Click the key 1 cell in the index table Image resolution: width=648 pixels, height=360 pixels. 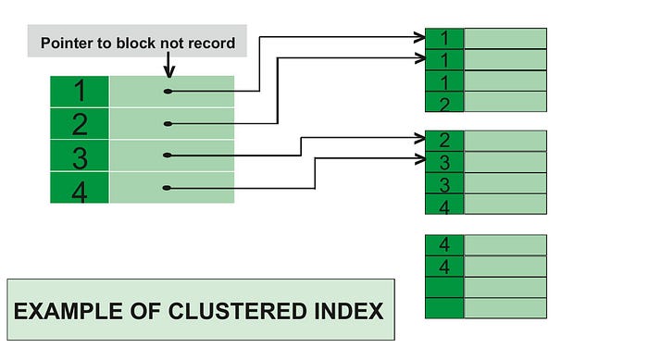pyautogui.click(x=80, y=91)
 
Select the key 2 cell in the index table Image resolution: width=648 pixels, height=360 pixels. pyautogui.click(x=80, y=123)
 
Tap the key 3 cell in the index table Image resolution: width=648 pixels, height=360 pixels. pyautogui.click(x=80, y=155)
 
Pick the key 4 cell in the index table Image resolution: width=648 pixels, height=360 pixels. pyautogui.click(x=80, y=188)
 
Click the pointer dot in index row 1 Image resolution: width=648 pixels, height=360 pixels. pyautogui.click(x=168, y=91)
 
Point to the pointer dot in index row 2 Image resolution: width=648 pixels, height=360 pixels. pyautogui.click(x=168, y=123)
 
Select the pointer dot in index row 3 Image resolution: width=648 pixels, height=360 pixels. pyautogui.click(x=168, y=155)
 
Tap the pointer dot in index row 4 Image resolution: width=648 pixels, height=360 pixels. pyautogui.click(x=168, y=188)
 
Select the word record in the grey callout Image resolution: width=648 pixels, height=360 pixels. pyautogui.click(x=211, y=43)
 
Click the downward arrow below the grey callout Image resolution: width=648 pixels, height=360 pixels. pyautogui.click(x=168, y=66)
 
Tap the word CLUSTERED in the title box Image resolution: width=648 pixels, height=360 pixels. pyautogui.click(x=229, y=310)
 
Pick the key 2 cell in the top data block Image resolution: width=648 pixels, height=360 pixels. pyautogui.click(x=444, y=102)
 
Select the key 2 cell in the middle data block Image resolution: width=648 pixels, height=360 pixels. pyautogui.click(x=444, y=141)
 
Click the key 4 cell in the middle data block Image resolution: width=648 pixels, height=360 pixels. pyautogui.click(x=444, y=205)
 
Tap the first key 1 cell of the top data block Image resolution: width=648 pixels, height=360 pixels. pyautogui.click(x=444, y=38)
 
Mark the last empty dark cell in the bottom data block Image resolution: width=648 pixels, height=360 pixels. pyautogui.click(x=444, y=308)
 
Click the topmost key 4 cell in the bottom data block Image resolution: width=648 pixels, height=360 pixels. pyautogui.click(x=444, y=244)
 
